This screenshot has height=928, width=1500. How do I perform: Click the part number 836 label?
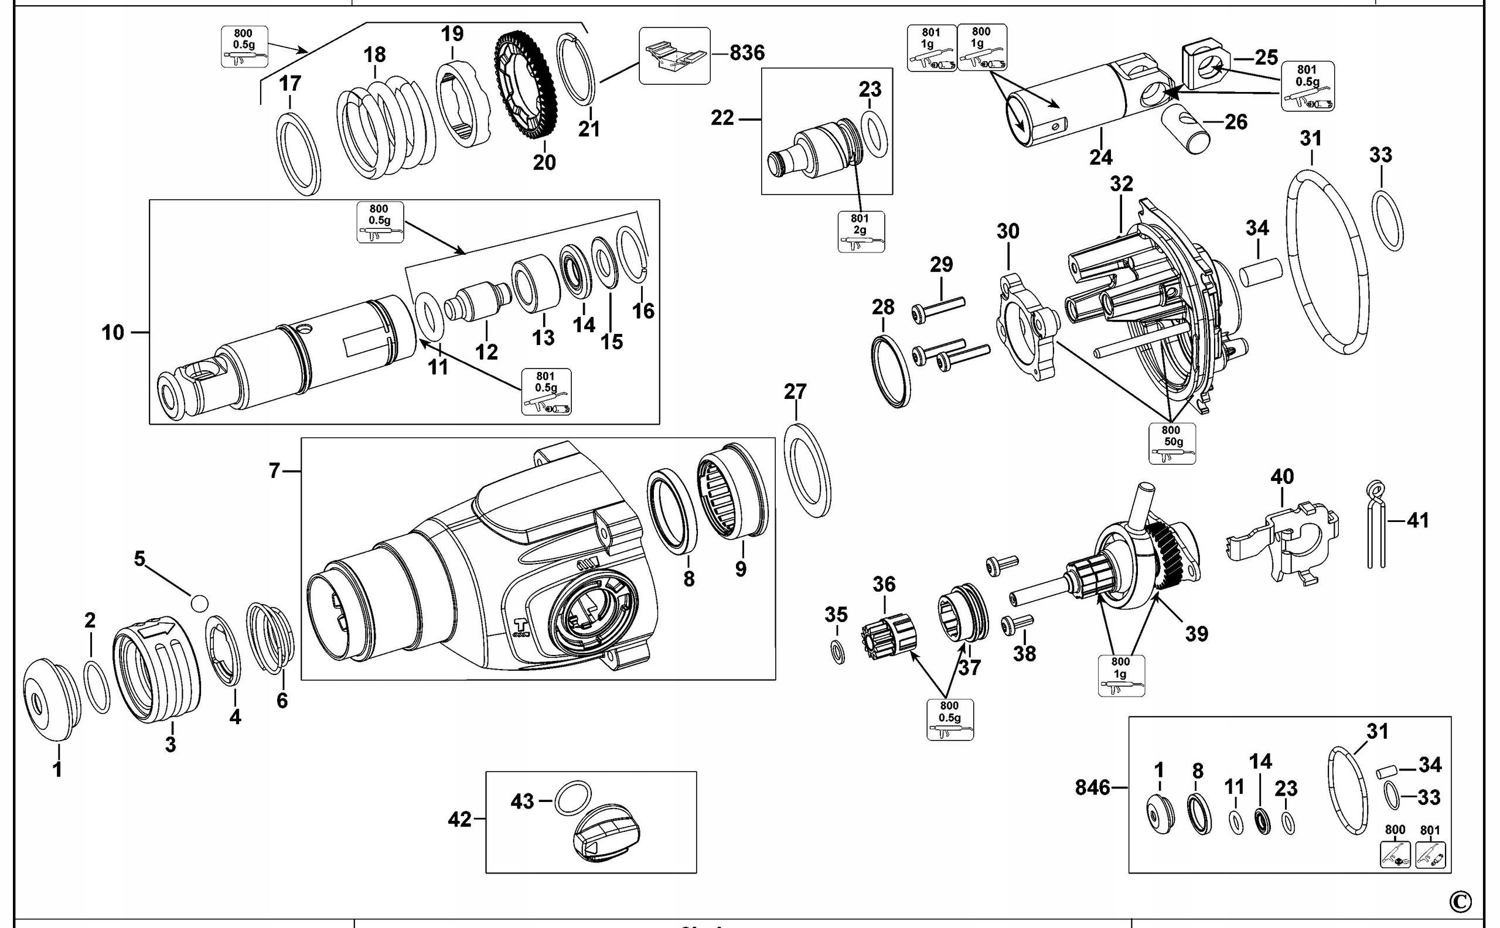click(x=746, y=53)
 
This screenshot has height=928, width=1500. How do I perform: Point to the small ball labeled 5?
click(x=199, y=603)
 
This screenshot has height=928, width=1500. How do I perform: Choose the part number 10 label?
click(x=113, y=333)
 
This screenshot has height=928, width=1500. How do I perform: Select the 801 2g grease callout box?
click(x=861, y=231)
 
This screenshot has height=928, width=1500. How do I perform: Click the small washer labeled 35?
click(x=837, y=652)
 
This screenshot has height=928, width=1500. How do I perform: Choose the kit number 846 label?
click(x=1092, y=787)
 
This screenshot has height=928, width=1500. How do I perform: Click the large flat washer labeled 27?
click(x=807, y=470)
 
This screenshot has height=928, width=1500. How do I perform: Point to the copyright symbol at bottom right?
click(x=1460, y=901)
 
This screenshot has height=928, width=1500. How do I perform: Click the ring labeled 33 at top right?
click(x=1386, y=221)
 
